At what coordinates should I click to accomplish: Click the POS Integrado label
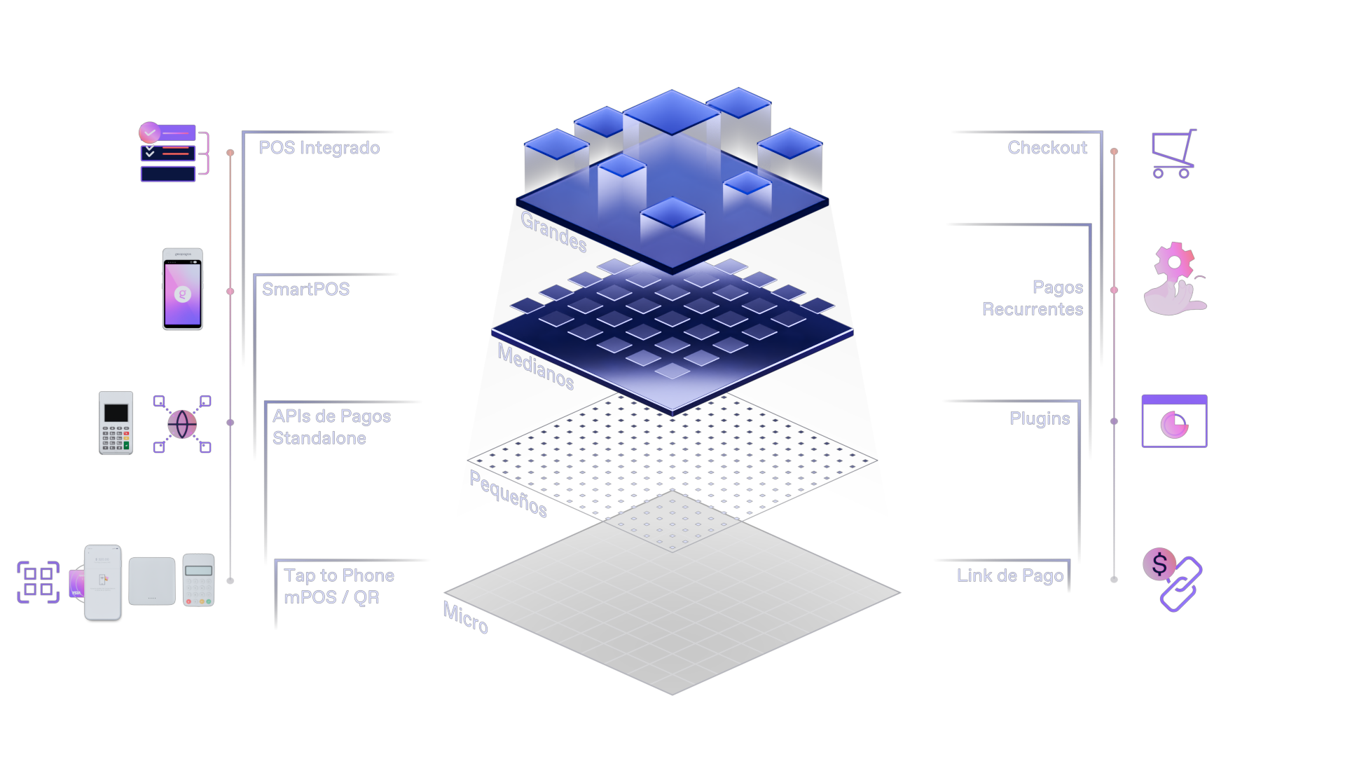click(319, 148)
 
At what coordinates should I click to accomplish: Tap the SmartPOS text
click(305, 289)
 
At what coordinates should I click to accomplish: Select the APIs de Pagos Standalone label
click(331, 427)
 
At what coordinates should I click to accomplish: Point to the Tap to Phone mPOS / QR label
click(339, 586)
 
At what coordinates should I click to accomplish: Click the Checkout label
click(1047, 148)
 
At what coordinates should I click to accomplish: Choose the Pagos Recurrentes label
click(1033, 298)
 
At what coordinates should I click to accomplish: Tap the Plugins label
click(1040, 418)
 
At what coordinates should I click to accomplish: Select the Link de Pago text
click(1010, 575)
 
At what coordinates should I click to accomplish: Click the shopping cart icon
click(1174, 154)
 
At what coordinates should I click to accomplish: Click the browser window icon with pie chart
click(1174, 421)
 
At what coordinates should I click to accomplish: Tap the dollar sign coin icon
click(1159, 564)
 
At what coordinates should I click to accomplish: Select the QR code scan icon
click(39, 582)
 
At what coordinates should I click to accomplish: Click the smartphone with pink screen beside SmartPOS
click(183, 289)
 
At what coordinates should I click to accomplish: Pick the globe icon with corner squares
click(182, 424)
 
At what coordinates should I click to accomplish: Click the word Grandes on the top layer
click(553, 231)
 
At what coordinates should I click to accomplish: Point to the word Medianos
click(536, 367)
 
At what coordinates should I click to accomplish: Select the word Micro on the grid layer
click(466, 618)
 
